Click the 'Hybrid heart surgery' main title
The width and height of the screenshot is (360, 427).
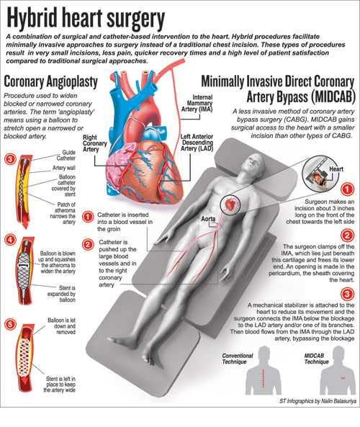click(86, 19)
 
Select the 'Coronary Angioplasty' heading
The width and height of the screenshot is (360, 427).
click(50, 81)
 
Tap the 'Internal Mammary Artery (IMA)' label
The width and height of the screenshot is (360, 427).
click(197, 103)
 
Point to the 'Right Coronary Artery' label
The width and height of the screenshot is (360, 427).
click(95, 143)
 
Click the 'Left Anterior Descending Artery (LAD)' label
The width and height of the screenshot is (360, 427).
click(197, 143)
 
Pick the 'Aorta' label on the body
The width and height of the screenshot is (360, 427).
click(208, 219)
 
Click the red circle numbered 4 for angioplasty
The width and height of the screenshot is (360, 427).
click(10, 240)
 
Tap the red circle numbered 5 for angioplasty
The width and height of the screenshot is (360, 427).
click(10, 324)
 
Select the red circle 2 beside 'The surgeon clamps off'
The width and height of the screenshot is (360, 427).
click(348, 235)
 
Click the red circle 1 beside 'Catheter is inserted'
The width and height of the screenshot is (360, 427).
click(88, 217)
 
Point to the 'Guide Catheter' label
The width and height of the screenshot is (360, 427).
click(66, 156)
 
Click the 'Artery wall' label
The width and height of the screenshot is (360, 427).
click(64, 168)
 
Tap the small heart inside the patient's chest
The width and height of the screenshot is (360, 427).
click(230, 204)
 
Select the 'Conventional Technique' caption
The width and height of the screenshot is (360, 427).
click(238, 359)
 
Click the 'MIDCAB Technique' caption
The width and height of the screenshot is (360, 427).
click(317, 359)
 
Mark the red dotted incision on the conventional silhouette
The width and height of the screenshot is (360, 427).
click(263, 378)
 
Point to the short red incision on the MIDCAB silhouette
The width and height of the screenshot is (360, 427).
click(343, 378)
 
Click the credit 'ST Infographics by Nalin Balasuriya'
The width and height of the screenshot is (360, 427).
click(318, 401)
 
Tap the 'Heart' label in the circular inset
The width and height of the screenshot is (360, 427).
click(336, 169)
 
